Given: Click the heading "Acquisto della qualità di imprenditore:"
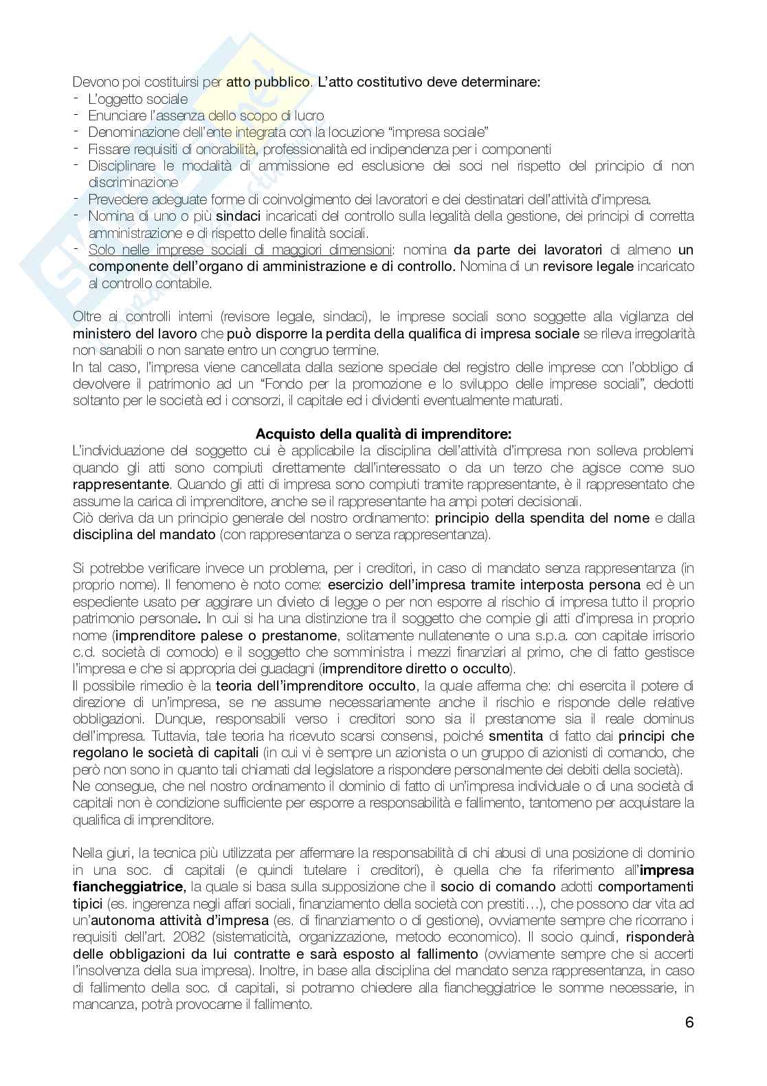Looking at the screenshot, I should [x=383, y=434].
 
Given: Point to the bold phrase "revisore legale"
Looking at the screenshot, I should [x=588, y=266].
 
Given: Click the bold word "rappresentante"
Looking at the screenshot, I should [x=120, y=484].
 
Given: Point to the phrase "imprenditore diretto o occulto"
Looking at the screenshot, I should [x=416, y=669].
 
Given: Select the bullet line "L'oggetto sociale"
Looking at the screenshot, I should [x=137, y=98].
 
